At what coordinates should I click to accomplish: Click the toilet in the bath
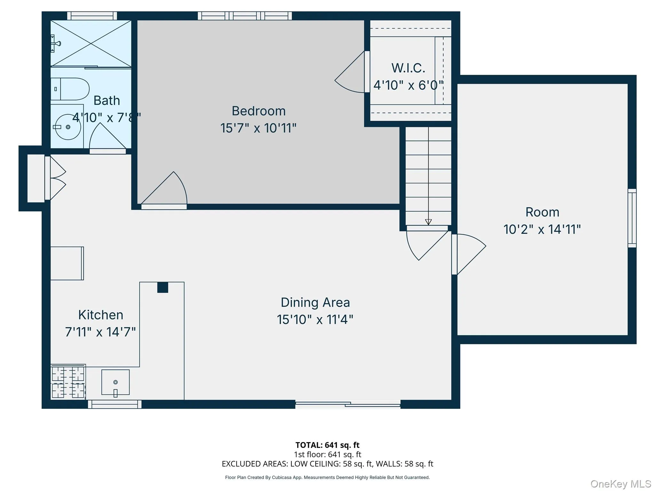pyautogui.click(x=70, y=89)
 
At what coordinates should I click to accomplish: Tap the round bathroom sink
pyautogui.click(x=68, y=127)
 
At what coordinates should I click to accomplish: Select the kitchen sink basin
pyautogui.click(x=115, y=382)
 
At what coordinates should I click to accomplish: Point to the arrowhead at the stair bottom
pyautogui.click(x=428, y=222)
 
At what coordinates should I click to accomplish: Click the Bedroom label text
pyautogui.click(x=258, y=111)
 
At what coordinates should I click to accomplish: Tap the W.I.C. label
pyautogui.click(x=408, y=68)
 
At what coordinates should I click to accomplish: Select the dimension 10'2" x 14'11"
pyautogui.click(x=542, y=229)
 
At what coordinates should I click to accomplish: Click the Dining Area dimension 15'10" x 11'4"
pyautogui.click(x=315, y=319)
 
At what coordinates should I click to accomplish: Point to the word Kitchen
pyautogui.click(x=100, y=315)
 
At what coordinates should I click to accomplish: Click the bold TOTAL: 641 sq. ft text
pyautogui.click(x=327, y=445)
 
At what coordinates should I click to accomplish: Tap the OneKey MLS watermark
pyautogui.click(x=620, y=484)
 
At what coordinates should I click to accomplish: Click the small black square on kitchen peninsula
pyautogui.click(x=162, y=287)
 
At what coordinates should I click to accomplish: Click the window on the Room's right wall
pyautogui.click(x=632, y=218)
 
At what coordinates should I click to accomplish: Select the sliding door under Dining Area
pyautogui.click(x=348, y=405)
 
